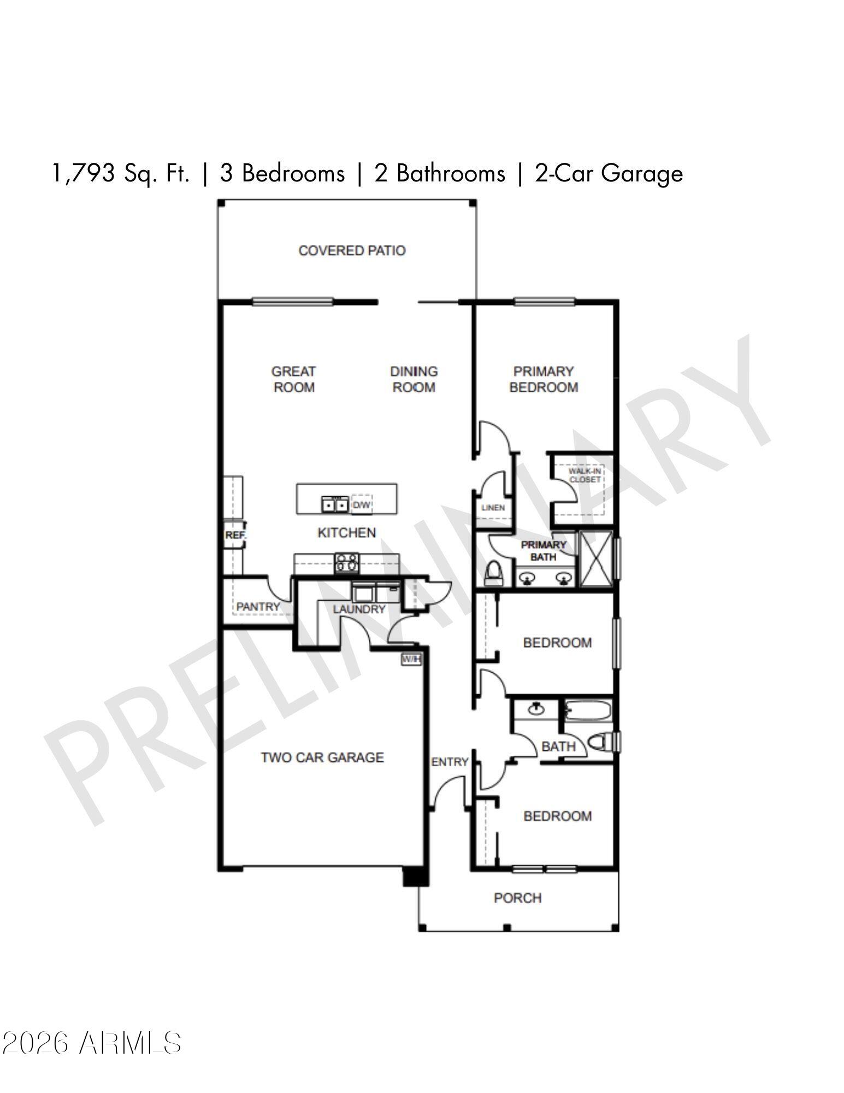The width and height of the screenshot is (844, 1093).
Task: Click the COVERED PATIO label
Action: click(352, 251)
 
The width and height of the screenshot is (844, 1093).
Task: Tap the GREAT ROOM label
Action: click(293, 379)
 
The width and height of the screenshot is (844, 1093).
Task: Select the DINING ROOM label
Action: click(414, 379)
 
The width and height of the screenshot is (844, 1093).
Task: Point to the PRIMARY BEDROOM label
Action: click(544, 379)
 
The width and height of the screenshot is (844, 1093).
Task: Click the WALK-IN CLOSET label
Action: click(585, 475)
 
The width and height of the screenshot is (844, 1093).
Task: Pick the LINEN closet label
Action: click(493, 508)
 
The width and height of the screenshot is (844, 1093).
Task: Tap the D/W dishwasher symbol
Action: click(361, 505)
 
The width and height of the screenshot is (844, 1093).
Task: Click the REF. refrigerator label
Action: click(235, 536)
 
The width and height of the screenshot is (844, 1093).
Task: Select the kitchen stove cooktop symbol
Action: click(347, 563)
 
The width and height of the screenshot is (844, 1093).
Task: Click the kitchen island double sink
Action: click(334, 504)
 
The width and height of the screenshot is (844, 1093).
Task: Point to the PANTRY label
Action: click(258, 607)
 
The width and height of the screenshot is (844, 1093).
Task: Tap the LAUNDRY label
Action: click(359, 609)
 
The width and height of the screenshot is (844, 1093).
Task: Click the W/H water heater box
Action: click(411, 660)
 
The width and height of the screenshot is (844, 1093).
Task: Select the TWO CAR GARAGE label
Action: click(322, 757)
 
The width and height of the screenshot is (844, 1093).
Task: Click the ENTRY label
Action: click(450, 762)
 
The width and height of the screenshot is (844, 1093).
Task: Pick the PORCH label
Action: click(517, 898)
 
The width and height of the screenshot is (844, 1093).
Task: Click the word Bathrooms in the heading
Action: click(450, 174)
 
